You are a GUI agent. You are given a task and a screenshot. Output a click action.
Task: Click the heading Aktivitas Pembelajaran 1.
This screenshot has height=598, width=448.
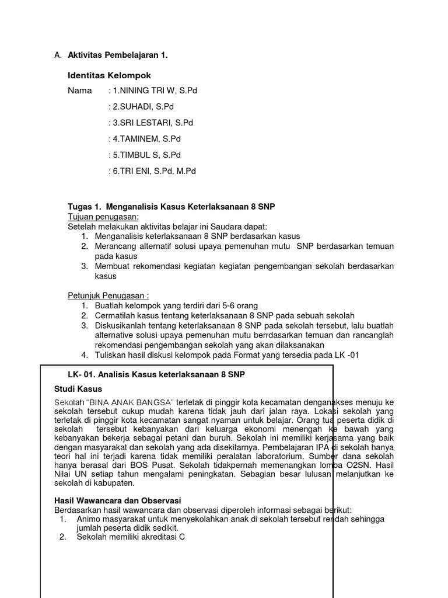(x=118, y=55)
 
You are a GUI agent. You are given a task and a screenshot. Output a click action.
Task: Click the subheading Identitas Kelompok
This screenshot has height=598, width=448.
(x=109, y=75)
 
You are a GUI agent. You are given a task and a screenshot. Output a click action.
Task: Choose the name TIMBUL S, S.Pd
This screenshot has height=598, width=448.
(x=146, y=155)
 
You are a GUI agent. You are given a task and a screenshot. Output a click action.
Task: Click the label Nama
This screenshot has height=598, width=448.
(x=80, y=91)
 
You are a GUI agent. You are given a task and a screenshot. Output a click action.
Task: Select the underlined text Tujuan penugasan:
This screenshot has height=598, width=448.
(x=103, y=217)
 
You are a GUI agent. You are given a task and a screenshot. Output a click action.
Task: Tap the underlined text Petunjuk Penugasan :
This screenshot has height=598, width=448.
(x=108, y=295)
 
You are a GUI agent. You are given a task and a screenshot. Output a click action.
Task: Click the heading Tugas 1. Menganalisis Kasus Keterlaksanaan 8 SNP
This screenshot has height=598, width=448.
(x=171, y=207)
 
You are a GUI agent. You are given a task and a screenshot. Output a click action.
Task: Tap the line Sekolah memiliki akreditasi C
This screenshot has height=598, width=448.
(x=131, y=537)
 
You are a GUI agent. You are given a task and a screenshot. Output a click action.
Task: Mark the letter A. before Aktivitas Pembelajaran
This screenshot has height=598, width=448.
(x=57, y=55)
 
